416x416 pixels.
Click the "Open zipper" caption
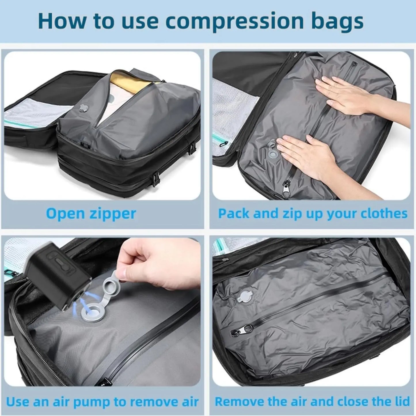[x=91, y=214]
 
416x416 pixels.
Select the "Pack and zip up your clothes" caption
[x=313, y=214]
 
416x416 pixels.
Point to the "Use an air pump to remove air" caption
[x=102, y=401]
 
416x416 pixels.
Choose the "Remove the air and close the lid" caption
[x=312, y=401]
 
